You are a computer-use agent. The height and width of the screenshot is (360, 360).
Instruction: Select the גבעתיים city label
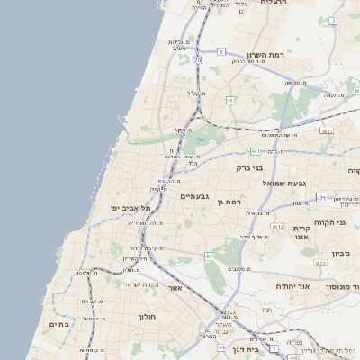[195, 195]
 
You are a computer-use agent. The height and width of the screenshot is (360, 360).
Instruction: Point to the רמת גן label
[231, 202]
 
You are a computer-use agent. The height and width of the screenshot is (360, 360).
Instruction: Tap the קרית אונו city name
[301, 232]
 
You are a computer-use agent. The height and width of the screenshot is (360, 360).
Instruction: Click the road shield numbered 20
[197, 60]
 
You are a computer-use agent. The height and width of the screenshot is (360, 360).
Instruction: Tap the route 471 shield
[321, 197]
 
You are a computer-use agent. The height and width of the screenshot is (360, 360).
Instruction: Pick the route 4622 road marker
[319, 263]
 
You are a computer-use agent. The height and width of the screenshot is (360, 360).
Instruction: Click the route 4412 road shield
[278, 227]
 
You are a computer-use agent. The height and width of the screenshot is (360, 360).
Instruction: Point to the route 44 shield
[222, 346]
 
